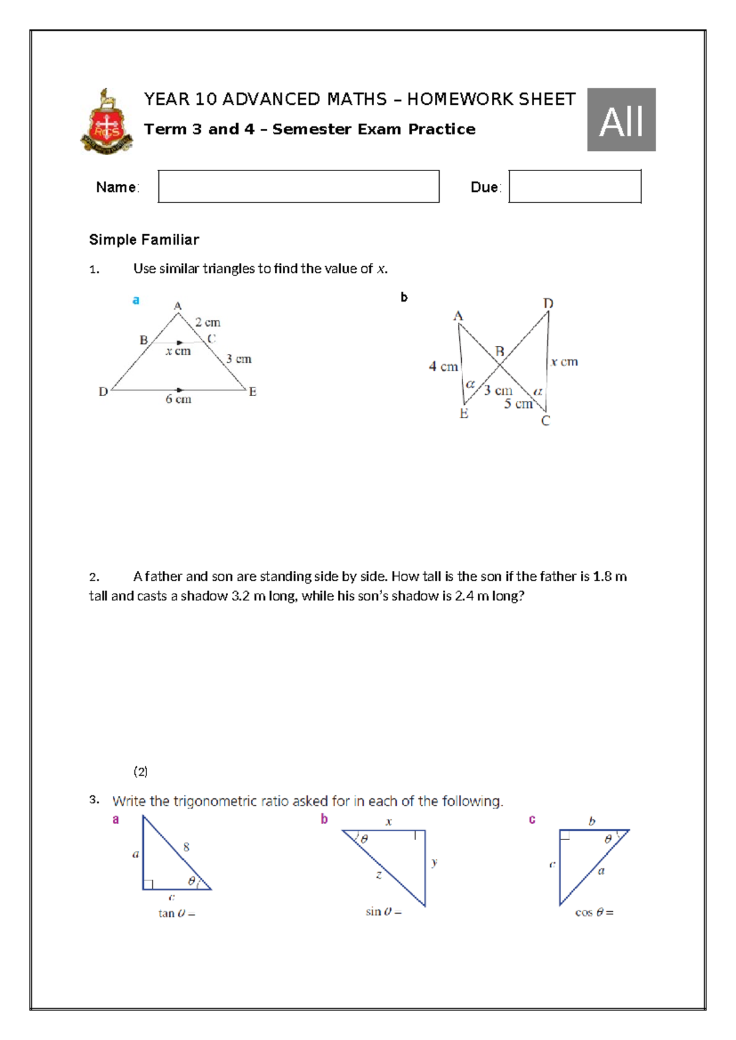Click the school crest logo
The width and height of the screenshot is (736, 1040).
pyautogui.click(x=107, y=122)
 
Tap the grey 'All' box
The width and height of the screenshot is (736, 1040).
pyautogui.click(x=621, y=120)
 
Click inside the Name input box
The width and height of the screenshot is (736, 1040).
pyautogui.click(x=298, y=186)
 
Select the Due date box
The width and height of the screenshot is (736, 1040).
pyautogui.click(x=575, y=186)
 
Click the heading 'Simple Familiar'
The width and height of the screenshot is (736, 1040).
pyautogui.click(x=144, y=240)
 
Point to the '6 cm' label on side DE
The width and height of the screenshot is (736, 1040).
pyautogui.click(x=178, y=399)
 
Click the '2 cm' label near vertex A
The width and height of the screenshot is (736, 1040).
pyautogui.click(x=207, y=323)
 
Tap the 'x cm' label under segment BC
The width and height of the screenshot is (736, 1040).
pyautogui.click(x=178, y=351)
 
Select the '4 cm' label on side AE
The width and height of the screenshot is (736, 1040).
pyautogui.click(x=443, y=367)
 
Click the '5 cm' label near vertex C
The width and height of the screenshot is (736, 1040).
pyautogui.click(x=518, y=403)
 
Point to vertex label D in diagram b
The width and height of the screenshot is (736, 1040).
pyautogui.click(x=548, y=304)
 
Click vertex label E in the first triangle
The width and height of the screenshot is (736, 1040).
pyautogui.click(x=252, y=392)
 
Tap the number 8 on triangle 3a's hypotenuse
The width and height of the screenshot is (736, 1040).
pyautogui.click(x=186, y=847)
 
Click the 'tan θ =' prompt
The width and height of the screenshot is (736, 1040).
pyautogui.click(x=177, y=914)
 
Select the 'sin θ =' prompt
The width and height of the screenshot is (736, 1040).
pyautogui.click(x=383, y=912)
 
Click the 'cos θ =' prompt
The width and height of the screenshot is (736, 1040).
pyautogui.click(x=594, y=912)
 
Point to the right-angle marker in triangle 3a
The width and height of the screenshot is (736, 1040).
pyautogui.click(x=148, y=884)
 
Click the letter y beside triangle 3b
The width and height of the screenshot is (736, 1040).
pyautogui.click(x=434, y=862)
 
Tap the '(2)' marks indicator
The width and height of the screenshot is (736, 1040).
pyautogui.click(x=140, y=771)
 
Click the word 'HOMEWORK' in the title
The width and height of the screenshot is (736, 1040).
pyautogui.click(x=460, y=99)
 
